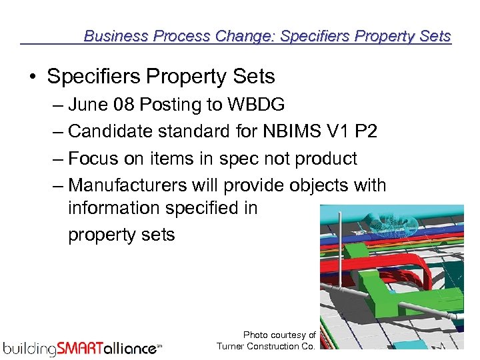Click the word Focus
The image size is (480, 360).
click(93, 159)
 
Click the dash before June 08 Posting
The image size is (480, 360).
click(58, 105)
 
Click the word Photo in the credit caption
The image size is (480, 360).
click(255, 335)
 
